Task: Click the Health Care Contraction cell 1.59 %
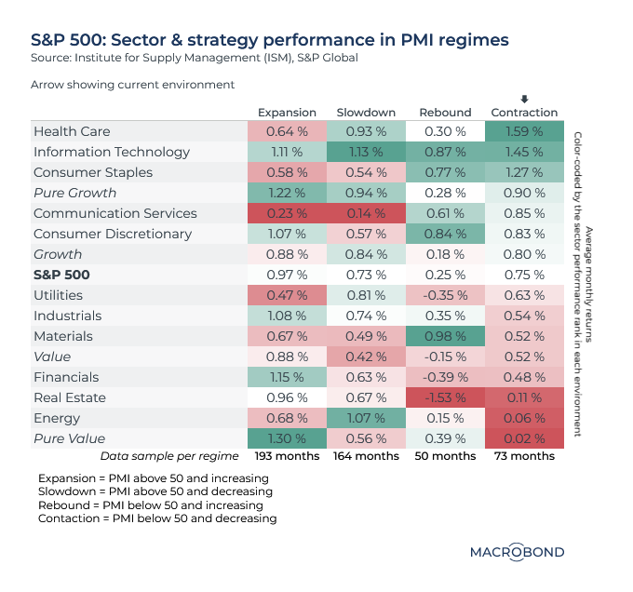click(x=525, y=131)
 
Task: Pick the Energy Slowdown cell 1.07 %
click(x=364, y=418)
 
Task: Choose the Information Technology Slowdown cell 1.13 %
click(x=364, y=152)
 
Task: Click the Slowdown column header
click(x=364, y=113)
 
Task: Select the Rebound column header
click(x=445, y=113)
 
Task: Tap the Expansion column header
click(x=287, y=113)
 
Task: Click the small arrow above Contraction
click(x=525, y=100)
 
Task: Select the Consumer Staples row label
click(x=85, y=172)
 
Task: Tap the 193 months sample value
click(x=287, y=456)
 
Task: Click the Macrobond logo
click(x=517, y=551)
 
